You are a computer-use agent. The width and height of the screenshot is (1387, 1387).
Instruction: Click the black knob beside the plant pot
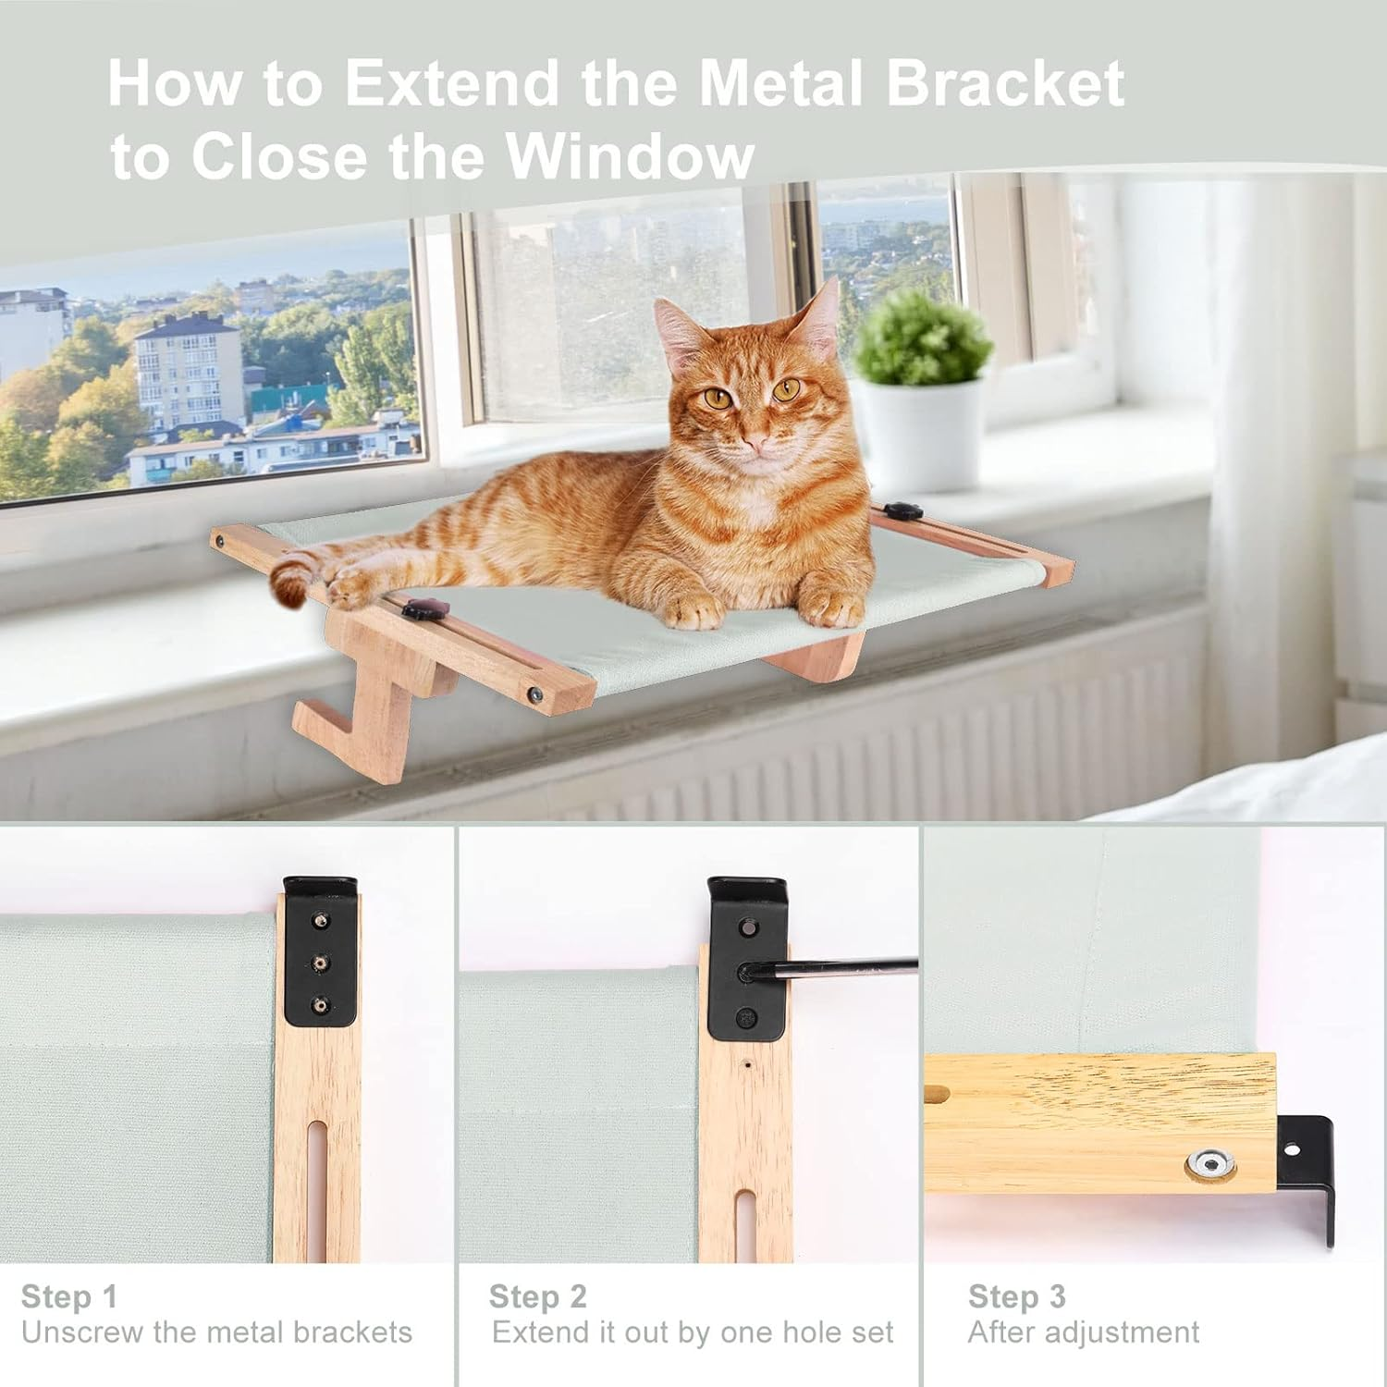click(898, 509)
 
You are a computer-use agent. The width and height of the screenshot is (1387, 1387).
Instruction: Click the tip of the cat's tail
click(288, 582)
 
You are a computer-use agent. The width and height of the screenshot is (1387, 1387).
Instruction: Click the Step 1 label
click(69, 1296)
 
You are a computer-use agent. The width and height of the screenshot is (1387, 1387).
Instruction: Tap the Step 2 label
click(537, 1296)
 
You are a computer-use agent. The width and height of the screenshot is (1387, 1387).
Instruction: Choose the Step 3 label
click(1016, 1296)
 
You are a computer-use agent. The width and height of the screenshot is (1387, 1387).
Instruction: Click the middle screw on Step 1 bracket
click(320, 963)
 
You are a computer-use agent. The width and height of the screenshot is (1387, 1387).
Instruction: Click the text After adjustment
click(1083, 1332)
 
